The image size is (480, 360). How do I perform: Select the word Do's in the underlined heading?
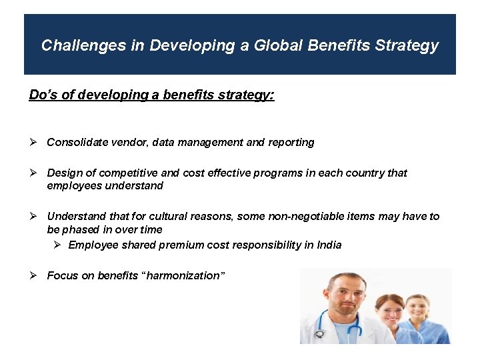click(43, 95)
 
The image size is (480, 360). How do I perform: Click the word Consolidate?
click(76, 142)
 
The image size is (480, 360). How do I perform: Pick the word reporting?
click(291, 142)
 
